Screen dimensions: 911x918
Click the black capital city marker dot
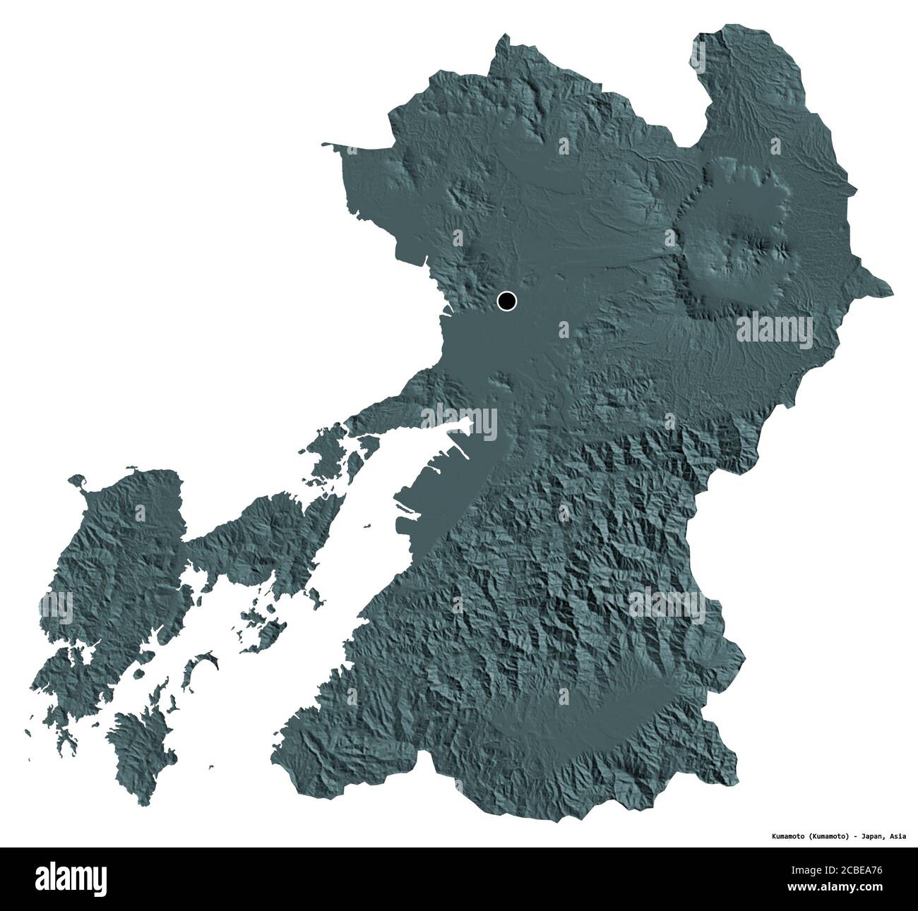coord(506,301)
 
